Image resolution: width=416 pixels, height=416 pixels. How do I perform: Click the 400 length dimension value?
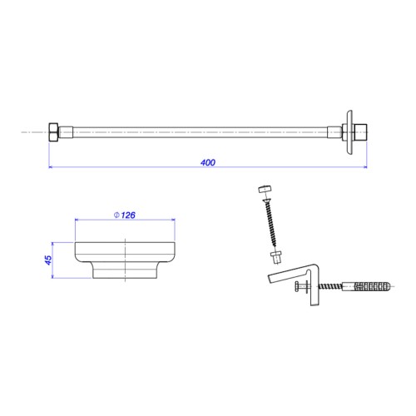pos(208,162)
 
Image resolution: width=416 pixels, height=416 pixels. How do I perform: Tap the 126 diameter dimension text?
pos(128,215)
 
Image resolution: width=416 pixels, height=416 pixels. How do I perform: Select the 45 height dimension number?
pos(48,260)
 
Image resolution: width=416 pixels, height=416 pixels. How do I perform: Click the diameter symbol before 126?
pos(116,215)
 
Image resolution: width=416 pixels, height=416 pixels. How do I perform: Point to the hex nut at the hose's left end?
pos(53,132)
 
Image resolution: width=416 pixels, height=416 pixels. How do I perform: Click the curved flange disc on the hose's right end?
pos(349,132)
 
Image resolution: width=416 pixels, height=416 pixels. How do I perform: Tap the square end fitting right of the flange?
pos(361,132)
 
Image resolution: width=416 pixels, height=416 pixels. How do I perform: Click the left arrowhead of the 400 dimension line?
pos(51,167)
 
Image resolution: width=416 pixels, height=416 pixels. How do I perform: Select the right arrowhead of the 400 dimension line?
pos(365,167)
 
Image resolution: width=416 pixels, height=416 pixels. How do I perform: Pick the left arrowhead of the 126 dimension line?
pos(77,220)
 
